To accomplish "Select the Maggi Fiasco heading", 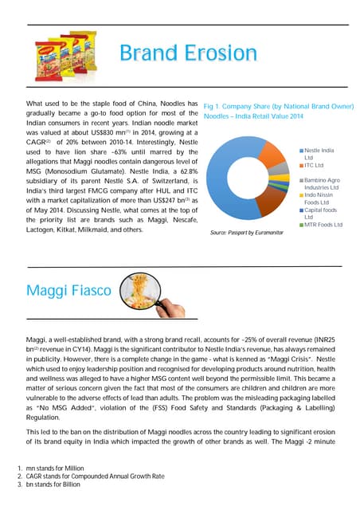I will point(68,291).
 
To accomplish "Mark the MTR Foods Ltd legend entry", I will point(323,225).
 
